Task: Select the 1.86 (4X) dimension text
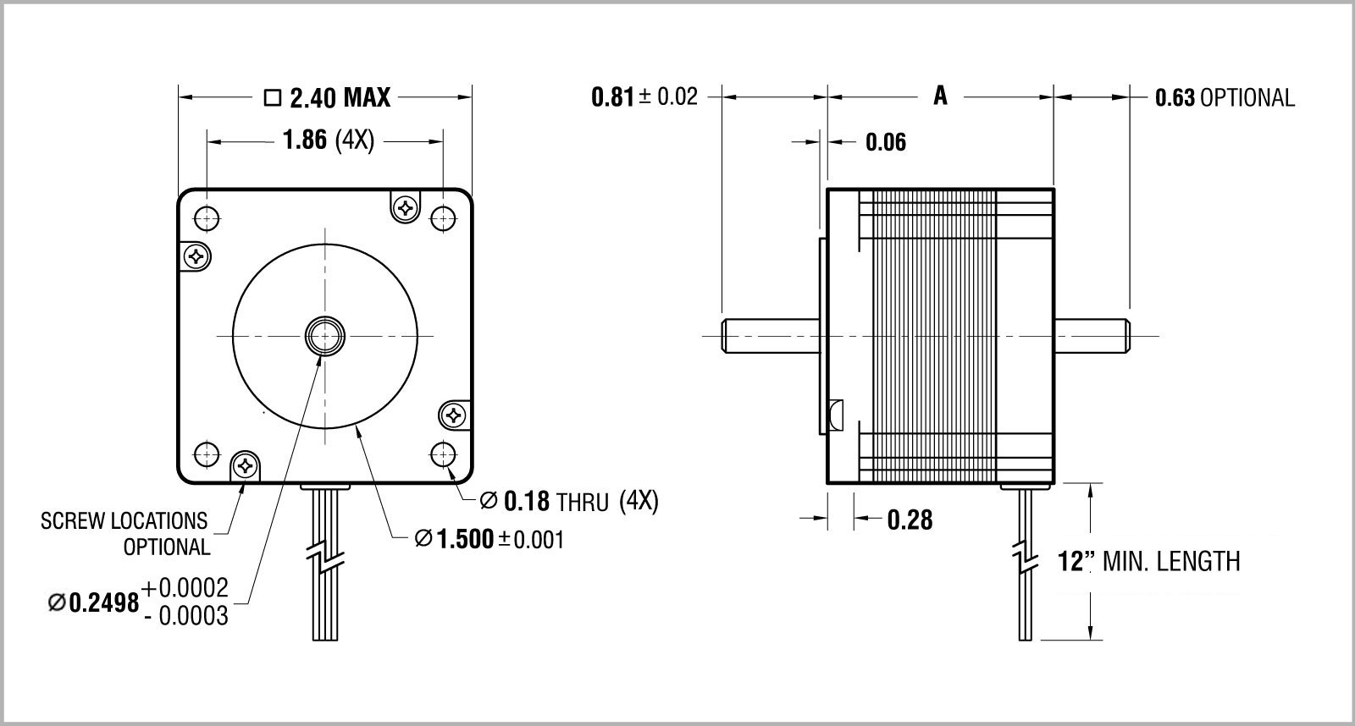click(x=327, y=140)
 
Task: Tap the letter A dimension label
click(x=940, y=96)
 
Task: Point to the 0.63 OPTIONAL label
click(x=1225, y=98)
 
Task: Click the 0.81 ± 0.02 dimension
click(x=644, y=96)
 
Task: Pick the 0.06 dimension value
click(x=886, y=142)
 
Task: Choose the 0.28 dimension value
click(x=910, y=519)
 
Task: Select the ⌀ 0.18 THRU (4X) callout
click(x=568, y=502)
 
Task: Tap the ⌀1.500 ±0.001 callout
click(x=489, y=539)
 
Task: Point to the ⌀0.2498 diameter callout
click(x=139, y=602)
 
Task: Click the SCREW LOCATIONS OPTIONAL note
click(x=124, y=533)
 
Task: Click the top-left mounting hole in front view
click(x=207, y=218)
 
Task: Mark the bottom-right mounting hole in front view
click(x=443, y=454)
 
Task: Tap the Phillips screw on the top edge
click(x=406, y=206)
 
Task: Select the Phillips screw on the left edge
click(x=196, y=256)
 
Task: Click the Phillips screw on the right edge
click(x=454, y=415)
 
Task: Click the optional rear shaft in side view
click(x=1092, y=335)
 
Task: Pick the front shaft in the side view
click(x=771, y=335)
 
